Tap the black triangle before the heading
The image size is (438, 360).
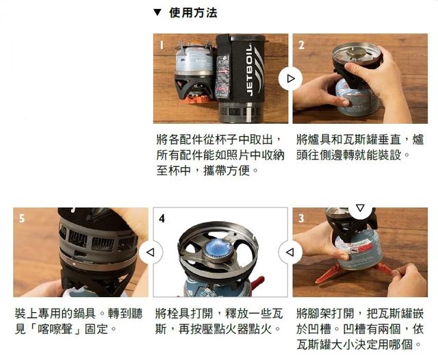[157, 12]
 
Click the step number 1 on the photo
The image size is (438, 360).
[162, 45]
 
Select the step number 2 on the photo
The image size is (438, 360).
[301, 45]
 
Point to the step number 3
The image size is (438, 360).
[301, 218]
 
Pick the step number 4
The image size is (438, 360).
[162, 219]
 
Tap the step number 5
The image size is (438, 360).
[22, 219]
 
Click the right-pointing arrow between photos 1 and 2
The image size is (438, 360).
[290, 79]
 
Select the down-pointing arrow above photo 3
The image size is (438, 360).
[360, 207]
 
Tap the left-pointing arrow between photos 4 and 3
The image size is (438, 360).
[290, 253]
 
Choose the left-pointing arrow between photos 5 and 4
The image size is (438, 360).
[150, 253]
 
